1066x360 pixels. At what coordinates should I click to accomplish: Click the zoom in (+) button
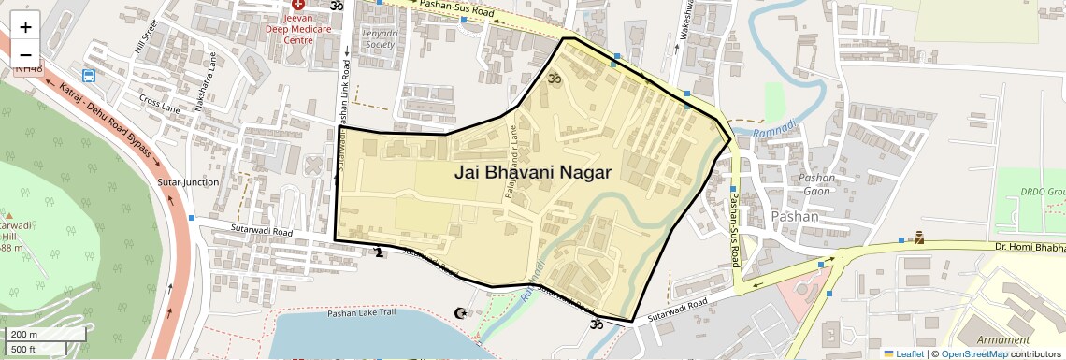pyautogui.click(x=25, y=26)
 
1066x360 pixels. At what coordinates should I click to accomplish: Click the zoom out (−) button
pyautogui.click(x=25, y=54)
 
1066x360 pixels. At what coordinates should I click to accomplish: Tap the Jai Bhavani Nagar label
pyautogui.click(x=532, y=172)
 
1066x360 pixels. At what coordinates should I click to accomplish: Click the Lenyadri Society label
pyautogui.click(x=379, y=38)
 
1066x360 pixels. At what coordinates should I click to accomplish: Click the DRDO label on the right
pyautogui.click(x=1042, y=192)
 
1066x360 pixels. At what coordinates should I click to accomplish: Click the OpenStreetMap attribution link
pyautogui.click(x=973, y=353)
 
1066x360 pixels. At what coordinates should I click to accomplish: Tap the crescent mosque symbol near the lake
pyautogui.click(x=459, y=312)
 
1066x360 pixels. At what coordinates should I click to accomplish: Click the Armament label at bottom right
pyautogui.click(x=1003, y=339)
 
